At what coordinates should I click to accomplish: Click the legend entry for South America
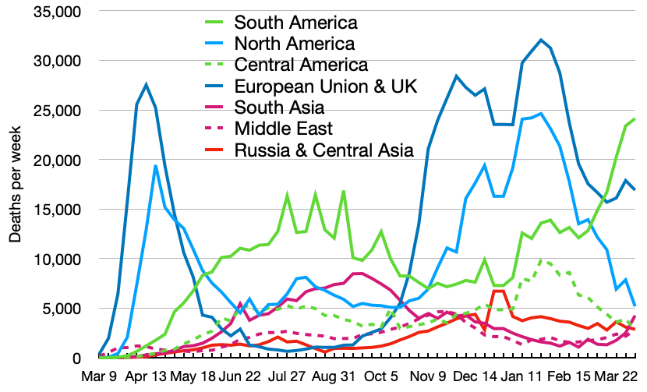pyautogui.click(x=285, y=22)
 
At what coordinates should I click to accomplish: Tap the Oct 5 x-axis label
pyautogui.click(x=384, y=376)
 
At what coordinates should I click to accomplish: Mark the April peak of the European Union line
pyautogui.click(x=146, y=84)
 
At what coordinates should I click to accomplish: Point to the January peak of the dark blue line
pyautogui.click(x=540, y=40)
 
